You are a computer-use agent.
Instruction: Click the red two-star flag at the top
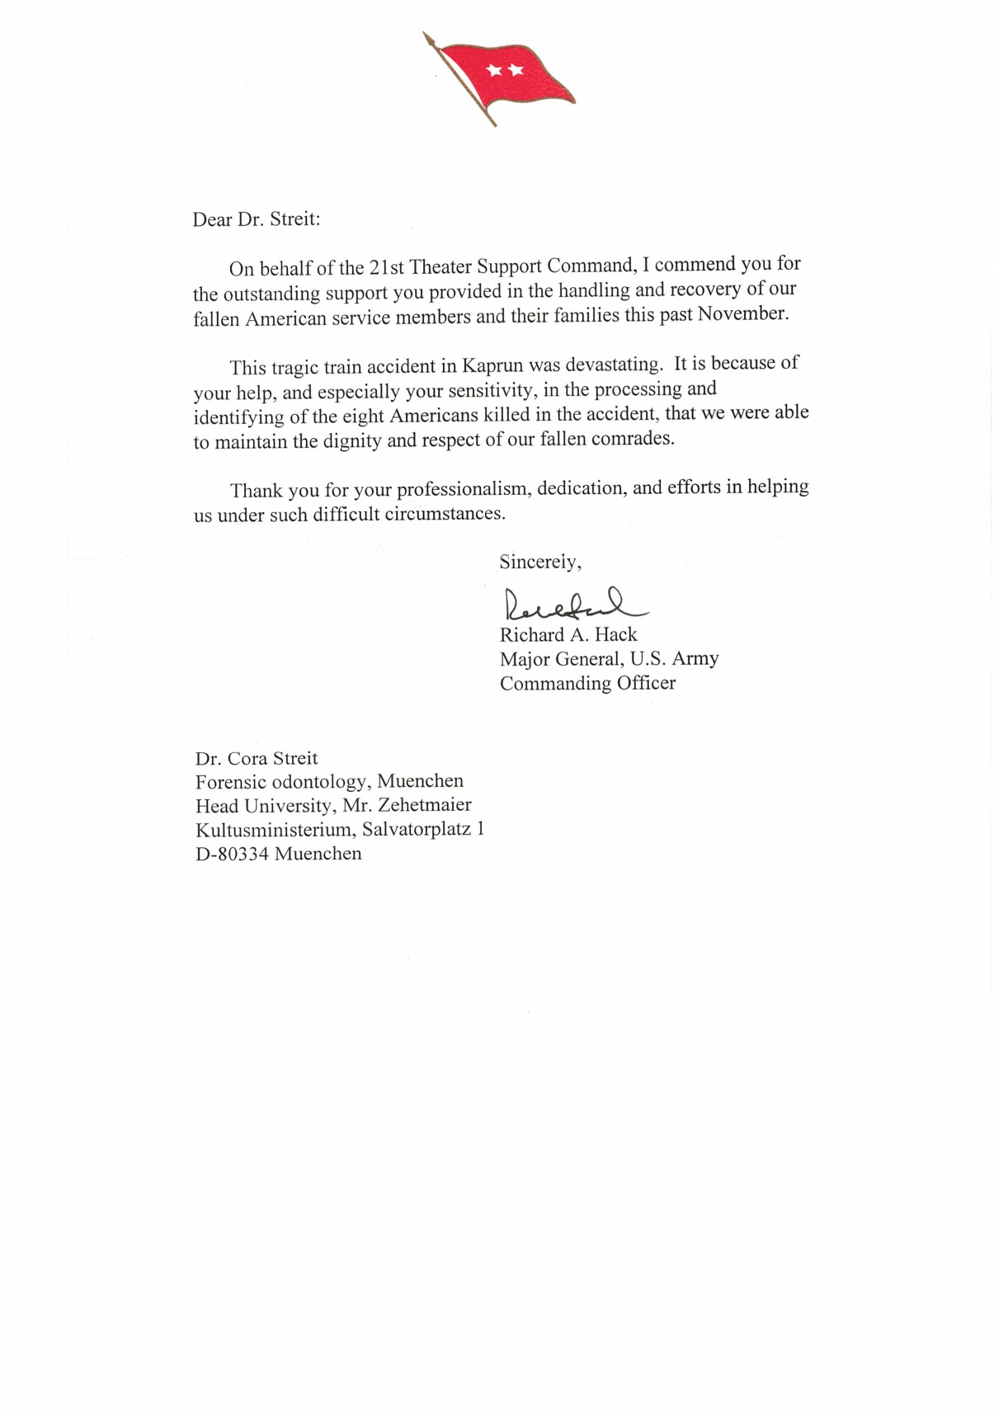(x=505, y=78)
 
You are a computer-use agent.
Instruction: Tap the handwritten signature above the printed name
(x=569, y=605)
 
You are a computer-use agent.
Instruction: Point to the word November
(x=742, y=314)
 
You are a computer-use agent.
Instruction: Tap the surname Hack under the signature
(x=616, y=635)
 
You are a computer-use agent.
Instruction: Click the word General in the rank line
(x=587, y=659)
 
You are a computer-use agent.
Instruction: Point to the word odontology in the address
(x=317, y=781)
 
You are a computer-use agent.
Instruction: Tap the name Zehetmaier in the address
(x=424, y=805)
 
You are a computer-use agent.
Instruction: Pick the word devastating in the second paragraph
(x=614, y=364)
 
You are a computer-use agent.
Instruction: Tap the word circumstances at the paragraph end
(x=445, y=514)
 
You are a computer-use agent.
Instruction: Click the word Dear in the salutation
(x=212, y=219)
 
